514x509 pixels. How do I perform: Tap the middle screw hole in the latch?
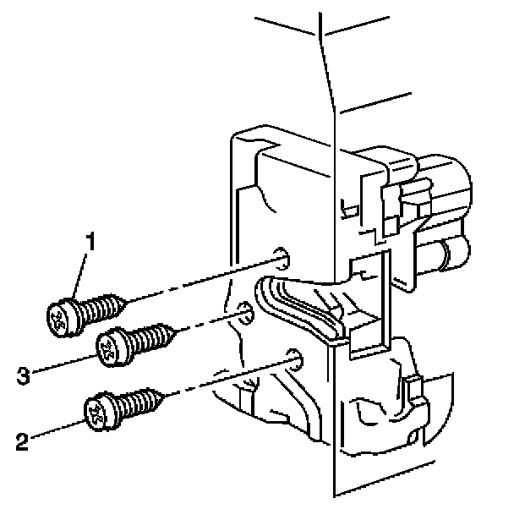pyautogui.click(x=244, y=315)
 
